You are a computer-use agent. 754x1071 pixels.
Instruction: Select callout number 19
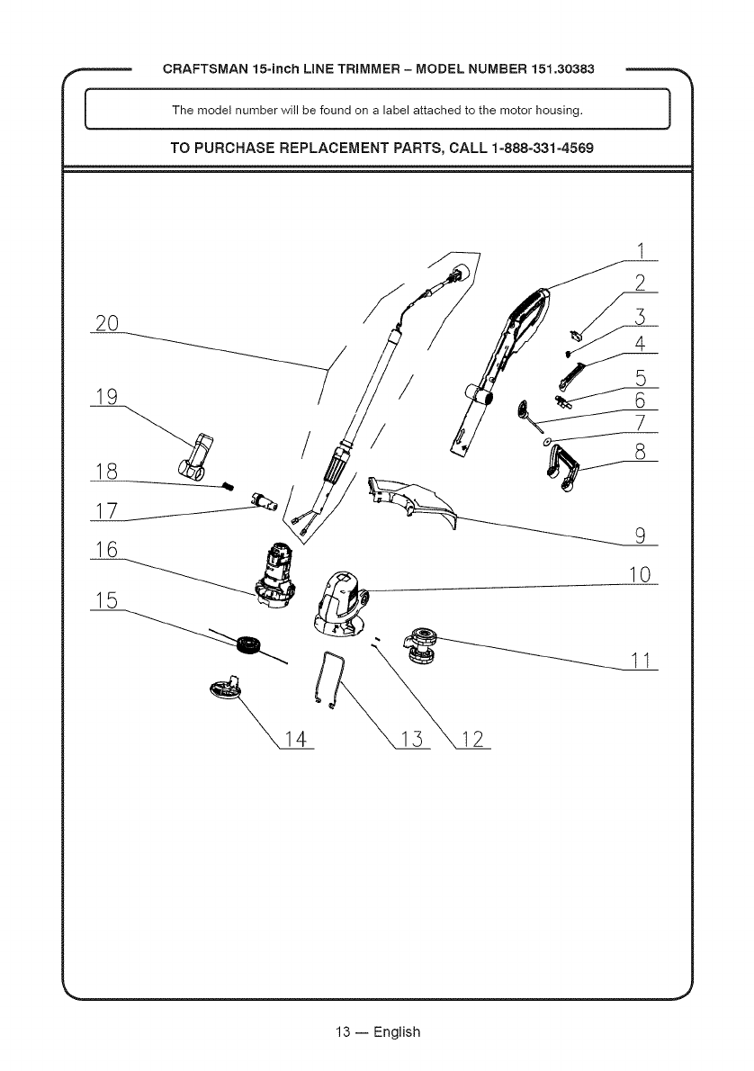106,397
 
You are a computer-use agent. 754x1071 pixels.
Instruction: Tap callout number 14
294,740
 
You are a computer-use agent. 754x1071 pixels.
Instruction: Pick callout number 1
641,249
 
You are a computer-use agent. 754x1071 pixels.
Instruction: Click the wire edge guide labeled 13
328,678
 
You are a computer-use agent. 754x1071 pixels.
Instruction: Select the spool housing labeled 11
420,645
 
